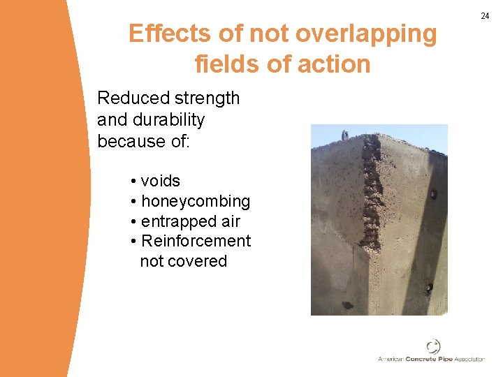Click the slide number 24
click(x=485, y=15)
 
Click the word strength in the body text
click(x=208, y=98)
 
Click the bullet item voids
click(x=160, y=182)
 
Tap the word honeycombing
click(x=195, y=202)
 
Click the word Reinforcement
click(x=196, y=242)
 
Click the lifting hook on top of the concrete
click(x=344, y=133)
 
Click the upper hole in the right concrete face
click(x=432, y=194)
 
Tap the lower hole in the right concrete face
click(x=429, y=286)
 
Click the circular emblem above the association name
click(x=433, y=346)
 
